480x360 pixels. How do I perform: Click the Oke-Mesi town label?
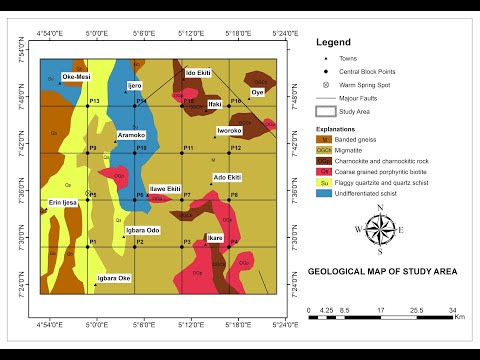(x=76, y=76)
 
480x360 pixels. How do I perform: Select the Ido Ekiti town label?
(x=198, y=73)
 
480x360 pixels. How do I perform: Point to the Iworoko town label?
(x=229, y=131)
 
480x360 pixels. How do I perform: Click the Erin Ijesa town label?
(x=63, y=203)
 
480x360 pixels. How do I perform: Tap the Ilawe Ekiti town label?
(x=165, y=188)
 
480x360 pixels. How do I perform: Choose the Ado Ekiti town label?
(x=227, y=177)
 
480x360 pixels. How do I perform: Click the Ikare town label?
(x=215, y=238)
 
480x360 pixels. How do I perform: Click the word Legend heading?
(x=334, y=43)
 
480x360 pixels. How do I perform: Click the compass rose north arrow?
(x=380, y=213)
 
